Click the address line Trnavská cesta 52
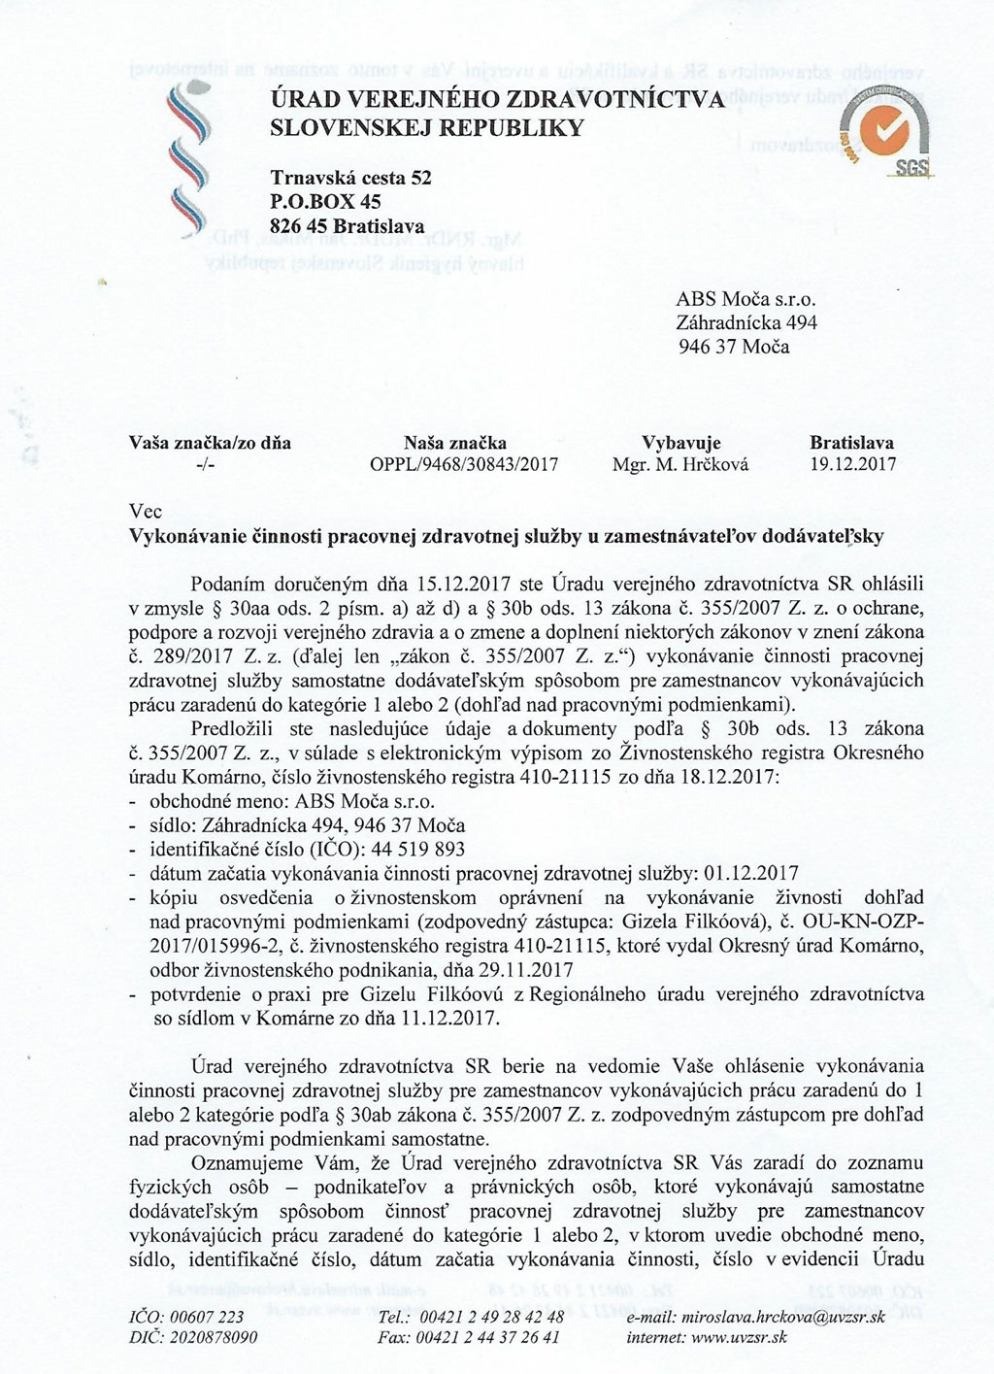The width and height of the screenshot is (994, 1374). pos(350,179)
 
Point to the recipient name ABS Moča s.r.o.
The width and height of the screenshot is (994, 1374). pos(740,300)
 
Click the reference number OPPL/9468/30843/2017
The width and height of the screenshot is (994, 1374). pos(464,464)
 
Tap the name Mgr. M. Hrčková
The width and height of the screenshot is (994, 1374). pos(680,464)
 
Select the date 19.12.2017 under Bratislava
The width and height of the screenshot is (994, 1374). pos(851,464)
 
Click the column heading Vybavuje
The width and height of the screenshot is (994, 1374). pos(680,444)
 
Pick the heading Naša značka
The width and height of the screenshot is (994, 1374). pos(454,444)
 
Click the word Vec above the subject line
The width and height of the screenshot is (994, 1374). pos(146,512)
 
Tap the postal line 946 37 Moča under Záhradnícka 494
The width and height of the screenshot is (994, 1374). pos(732,347)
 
